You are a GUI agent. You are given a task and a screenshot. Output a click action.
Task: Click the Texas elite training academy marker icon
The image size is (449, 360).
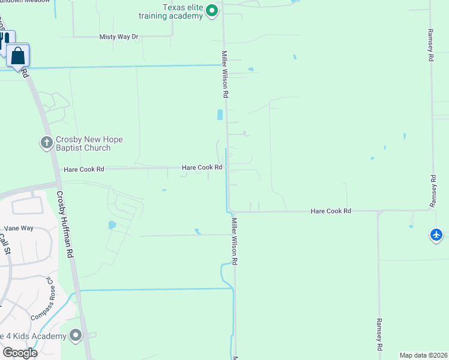(x=211, y=11)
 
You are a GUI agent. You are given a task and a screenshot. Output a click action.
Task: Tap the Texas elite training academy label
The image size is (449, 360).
(x=182, y=11)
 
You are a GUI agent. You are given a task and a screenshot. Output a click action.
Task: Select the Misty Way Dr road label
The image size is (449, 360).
(x=119, y=37)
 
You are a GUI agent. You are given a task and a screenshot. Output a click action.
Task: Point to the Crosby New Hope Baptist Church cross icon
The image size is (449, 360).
(x=46, y=143)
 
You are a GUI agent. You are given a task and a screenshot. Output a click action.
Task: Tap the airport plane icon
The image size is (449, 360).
(x=437, y=235)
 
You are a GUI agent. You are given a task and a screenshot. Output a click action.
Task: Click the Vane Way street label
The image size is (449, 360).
(x=19, y=228)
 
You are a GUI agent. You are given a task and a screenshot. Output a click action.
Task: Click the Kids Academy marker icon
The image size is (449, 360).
(x=76, y=335)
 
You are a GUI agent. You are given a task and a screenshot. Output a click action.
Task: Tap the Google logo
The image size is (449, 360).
(x=20, y=353)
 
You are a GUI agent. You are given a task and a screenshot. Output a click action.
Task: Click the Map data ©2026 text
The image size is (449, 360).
(x=422, y=355)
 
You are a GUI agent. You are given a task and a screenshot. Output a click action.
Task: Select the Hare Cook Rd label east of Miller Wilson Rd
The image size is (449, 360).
(x=331, y=211)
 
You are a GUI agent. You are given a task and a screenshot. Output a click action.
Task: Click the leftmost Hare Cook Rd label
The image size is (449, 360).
(x=84, y=170)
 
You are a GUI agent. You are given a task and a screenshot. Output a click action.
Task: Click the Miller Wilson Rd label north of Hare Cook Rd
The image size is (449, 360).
(x=225, y=74)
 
